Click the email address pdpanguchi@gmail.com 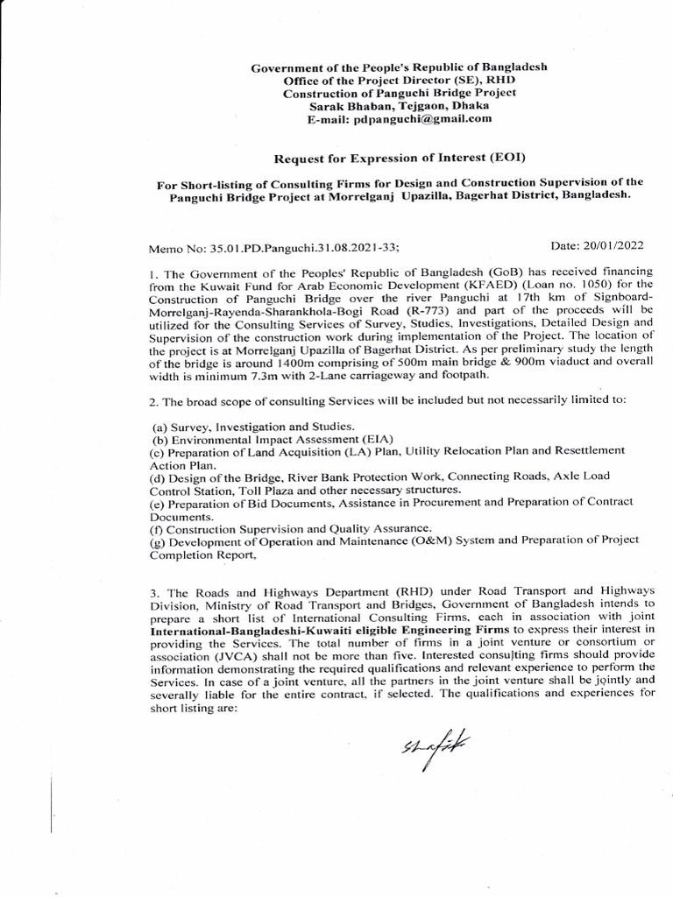411,118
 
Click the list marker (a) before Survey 161,425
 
